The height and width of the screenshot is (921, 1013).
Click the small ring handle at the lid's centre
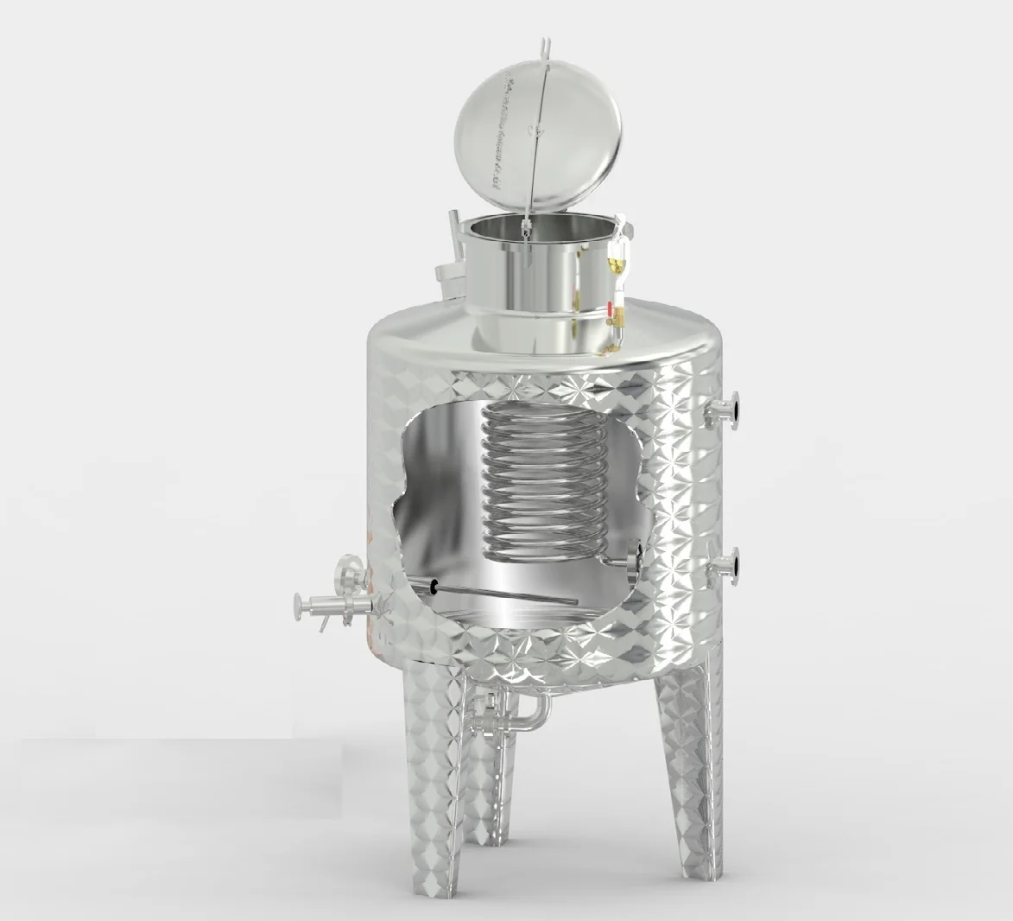(x=538, y=130)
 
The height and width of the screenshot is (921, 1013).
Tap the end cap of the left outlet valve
(x=299, y=602)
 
